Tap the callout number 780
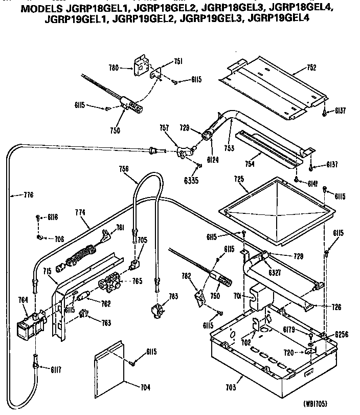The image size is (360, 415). pyautogui.click(x=114, y=67)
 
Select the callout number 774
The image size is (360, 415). pyautogui.click(x=80, y=212)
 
